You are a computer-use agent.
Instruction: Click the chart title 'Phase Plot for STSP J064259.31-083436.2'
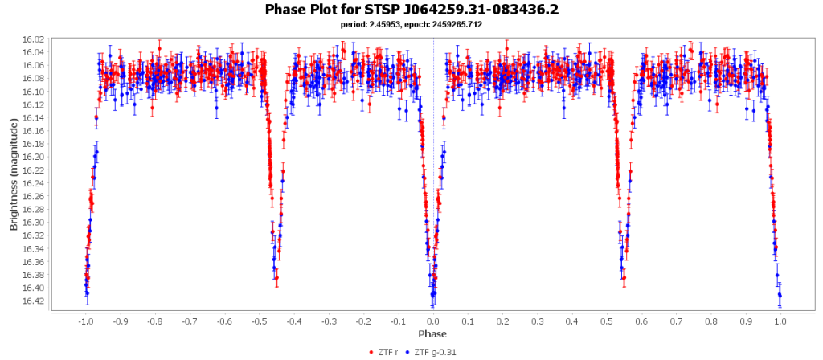(x=411, y=10)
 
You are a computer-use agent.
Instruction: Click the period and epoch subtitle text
(x=411, y=25)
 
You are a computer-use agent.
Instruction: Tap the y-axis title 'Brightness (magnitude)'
(x=14, y=175)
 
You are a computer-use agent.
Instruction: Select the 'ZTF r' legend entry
(x=389, y=352)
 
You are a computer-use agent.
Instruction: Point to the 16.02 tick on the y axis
(x=35, y=39)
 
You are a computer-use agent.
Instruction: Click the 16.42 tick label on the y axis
(x=35, y=301)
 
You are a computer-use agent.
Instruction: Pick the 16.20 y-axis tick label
(x=35, y=157)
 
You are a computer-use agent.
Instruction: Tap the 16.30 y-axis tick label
(x=35, y=223)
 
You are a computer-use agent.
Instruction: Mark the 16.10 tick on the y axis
(x=35, y=92)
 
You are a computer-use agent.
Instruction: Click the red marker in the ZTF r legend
(x=371, y=352)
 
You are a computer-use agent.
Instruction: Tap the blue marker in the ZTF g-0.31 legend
(x=407, y=352)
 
